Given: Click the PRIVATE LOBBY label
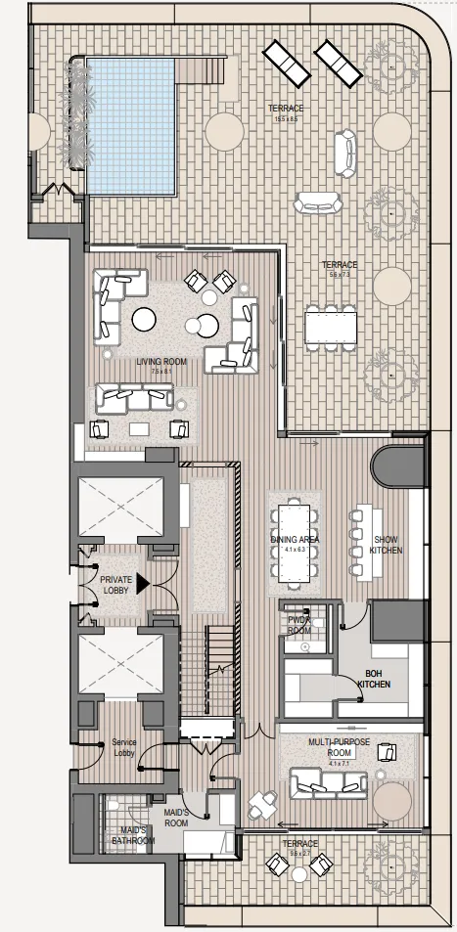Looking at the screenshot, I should point(115,585).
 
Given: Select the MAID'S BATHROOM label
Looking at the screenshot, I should point(131,835).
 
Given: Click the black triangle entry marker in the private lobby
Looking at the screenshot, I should point(142,584).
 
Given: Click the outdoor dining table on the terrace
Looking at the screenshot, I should point(330,327).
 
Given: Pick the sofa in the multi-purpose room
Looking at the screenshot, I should point(328,782).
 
